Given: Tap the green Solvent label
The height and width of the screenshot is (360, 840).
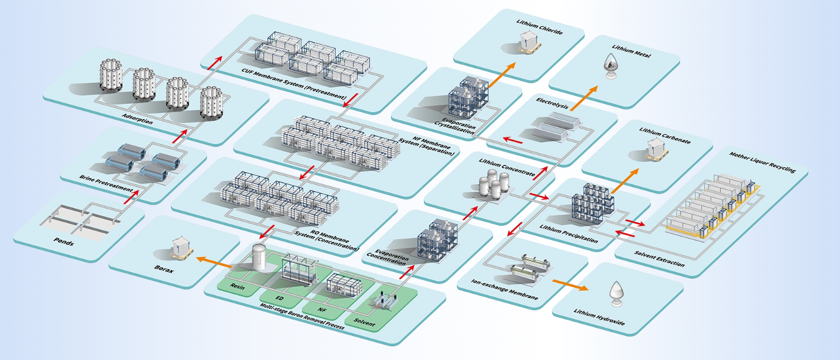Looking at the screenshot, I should click(364, 322).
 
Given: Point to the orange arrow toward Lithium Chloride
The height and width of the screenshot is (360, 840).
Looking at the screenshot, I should click(502, 74).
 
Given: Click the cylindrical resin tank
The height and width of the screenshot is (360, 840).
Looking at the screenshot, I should click(258, 260).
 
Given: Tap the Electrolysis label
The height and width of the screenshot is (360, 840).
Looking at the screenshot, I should click(551, 101).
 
